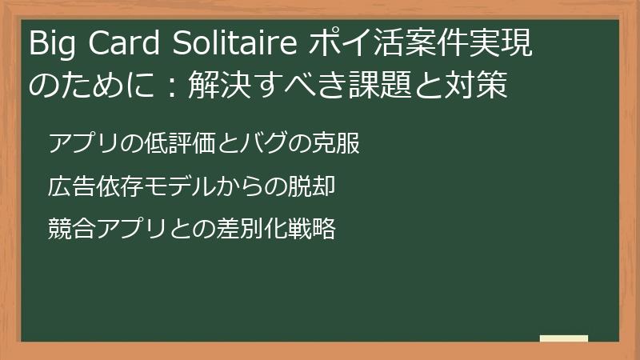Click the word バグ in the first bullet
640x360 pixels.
251,145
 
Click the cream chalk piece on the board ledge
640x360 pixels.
563,338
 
